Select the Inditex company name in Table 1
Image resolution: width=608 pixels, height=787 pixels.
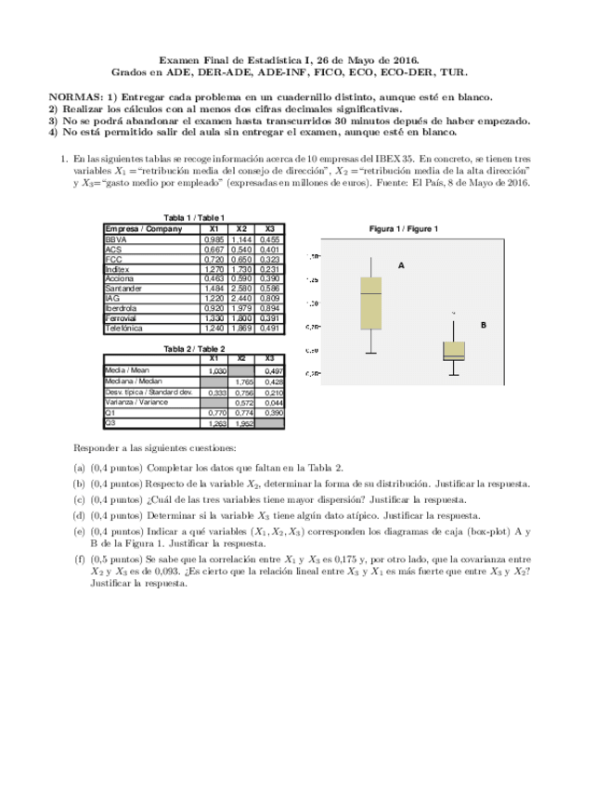[x=118, y=268]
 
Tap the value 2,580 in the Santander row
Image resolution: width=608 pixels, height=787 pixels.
[x=242, y=289]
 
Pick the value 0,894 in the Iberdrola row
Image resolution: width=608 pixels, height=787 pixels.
[x=270, y=308]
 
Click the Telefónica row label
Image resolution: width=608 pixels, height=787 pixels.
[x=124, y=328]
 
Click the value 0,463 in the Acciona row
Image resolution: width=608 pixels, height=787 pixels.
[x=213, y=278]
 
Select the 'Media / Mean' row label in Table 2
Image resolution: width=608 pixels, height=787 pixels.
[x=127, y=370]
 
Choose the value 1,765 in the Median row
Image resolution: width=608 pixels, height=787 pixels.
[x=243, y=381]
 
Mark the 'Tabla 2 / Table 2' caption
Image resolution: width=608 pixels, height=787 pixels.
[x=194, y=348]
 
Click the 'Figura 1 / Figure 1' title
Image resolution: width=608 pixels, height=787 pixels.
[x=404, y=228]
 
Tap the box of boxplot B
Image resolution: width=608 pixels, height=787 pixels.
[x=454, y=351]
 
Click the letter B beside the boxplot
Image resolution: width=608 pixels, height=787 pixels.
[x=484, y=325]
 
